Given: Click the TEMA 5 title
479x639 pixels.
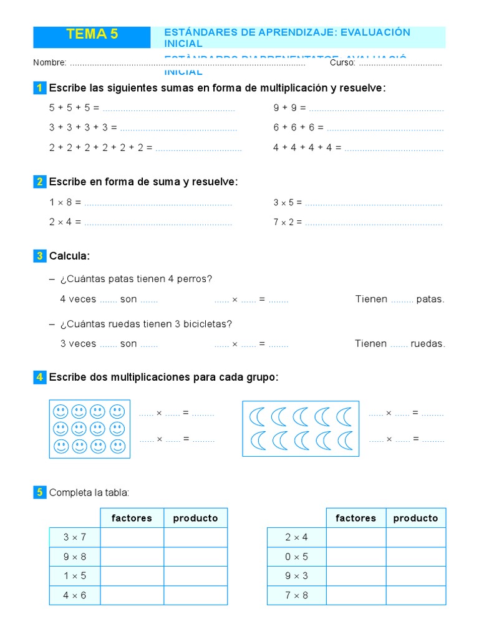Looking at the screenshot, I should coord(92,35).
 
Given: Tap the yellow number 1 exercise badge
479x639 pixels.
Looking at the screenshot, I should coord(39,88).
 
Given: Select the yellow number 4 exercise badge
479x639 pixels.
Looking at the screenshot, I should coord(39,378).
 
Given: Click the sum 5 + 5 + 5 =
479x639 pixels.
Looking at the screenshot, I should coord(74,108).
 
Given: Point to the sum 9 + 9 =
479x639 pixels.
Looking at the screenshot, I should coord(289,108).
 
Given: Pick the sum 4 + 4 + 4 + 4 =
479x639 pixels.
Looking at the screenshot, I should coord(307,148).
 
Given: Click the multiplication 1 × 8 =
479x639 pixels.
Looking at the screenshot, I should coord(65,203).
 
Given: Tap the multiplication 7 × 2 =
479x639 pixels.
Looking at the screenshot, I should coord(288,222).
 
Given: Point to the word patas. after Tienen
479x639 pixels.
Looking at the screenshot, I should coord(430,300).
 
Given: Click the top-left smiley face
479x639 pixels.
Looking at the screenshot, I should coord(60,412).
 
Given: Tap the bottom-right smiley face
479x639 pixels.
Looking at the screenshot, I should coord(117,447).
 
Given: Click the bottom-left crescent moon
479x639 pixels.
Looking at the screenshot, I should coord(256,441).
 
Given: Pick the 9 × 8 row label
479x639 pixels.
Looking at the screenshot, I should coord(75,557).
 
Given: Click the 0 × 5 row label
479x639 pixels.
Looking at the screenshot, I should coord(296,557).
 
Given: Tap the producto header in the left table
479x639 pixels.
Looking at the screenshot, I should coord(195,518).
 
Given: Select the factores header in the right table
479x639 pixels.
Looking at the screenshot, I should coord(356,518).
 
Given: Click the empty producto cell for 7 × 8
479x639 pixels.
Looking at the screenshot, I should coord(415,595).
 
